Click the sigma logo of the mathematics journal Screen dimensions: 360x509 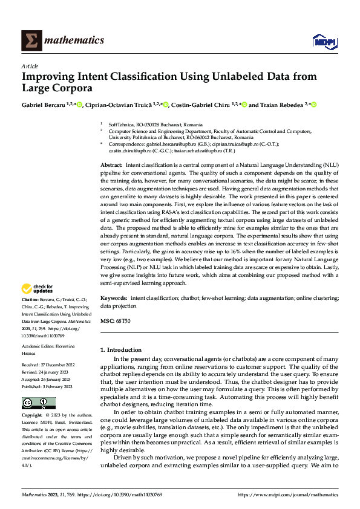tap(31, 41)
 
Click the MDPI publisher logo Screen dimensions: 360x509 tap(324, 41)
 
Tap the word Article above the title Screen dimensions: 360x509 tap(30, 65)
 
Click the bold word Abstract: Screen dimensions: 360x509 tap(111, 165)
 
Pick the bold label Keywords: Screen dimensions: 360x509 tap(113, 298)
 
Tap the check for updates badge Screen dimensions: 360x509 tap(38, 289)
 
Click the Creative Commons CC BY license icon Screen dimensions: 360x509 tap(38, 403)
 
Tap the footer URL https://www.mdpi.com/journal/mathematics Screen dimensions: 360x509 tap(288, 494)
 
